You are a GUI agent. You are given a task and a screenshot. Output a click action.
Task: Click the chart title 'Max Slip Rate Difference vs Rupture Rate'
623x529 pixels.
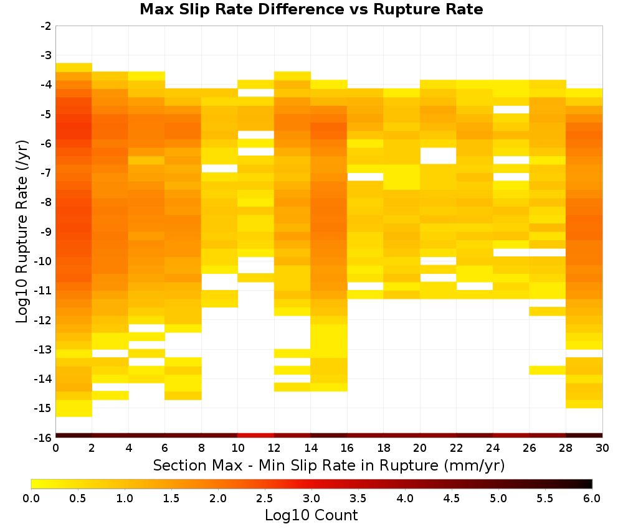coord(311,9)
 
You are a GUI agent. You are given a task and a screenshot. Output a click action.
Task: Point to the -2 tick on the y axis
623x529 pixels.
coord(45,26)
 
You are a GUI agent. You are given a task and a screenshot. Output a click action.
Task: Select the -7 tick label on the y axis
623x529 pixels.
coord(45,173)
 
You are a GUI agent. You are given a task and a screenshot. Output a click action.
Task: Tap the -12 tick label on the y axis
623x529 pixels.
coord(44,320)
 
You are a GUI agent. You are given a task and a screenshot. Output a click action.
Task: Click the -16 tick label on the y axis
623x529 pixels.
coord(44,438)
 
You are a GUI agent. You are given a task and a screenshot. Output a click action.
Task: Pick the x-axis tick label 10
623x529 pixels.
coord(237,448)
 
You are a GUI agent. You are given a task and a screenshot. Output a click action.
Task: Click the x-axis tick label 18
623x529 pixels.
coord(383,448)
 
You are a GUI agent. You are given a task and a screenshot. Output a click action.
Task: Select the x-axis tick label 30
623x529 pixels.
coord(602,448)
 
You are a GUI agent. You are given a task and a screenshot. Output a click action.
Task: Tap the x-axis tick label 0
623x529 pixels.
coord(55,448)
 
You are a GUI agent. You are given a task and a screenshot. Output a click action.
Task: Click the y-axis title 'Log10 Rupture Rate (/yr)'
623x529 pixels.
coord(22,232)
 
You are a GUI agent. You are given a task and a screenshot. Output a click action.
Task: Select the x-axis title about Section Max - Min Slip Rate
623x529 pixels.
coord(329,465)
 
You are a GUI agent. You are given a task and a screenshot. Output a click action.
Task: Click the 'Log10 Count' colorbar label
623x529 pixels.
coord(311,515)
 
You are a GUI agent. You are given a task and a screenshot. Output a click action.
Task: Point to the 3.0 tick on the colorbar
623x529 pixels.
coord(311,499)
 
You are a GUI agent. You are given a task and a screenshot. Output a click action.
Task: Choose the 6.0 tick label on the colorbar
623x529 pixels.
coord(592,499)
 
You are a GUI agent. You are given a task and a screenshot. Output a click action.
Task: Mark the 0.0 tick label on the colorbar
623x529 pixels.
coord(31,499)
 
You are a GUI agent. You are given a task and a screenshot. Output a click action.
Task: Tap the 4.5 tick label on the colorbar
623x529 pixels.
coord(452,499)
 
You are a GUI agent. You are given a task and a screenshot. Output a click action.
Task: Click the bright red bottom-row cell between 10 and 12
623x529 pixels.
coord(256,436)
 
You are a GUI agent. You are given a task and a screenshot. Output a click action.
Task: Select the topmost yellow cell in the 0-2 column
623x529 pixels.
coord(74,67)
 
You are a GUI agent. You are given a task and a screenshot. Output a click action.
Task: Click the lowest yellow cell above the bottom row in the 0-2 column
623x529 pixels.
coord(74,408)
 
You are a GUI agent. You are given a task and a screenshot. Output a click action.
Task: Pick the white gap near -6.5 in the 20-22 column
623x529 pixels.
coord(438,156)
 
